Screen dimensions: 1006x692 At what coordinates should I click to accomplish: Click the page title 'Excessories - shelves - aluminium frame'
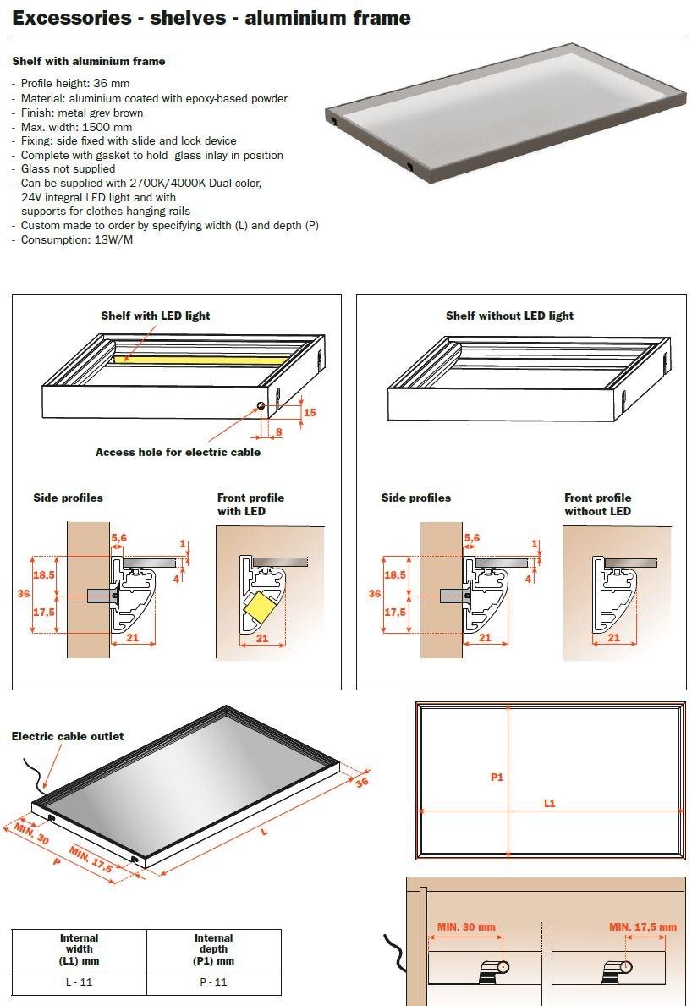[211, 18]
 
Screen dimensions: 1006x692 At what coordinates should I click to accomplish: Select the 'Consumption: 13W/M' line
[76, 239]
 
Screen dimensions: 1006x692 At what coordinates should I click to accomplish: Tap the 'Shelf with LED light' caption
[156, 316]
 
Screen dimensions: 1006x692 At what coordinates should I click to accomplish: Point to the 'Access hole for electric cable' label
[178, 452]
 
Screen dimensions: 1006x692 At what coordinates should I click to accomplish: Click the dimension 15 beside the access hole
[310, 412]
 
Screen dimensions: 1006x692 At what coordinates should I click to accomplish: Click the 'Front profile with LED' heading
[250, 504]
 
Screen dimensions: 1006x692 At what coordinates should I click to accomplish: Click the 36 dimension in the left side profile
[24, 594]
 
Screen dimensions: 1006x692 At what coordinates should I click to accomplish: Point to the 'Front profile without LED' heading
[597, 504]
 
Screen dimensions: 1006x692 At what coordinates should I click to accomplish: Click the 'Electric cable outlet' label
[68, 736]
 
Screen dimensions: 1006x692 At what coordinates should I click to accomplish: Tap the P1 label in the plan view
[497, 776]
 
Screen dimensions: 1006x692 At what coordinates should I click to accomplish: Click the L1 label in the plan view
[549, 802]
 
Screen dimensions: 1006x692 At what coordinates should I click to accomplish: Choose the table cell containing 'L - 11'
[79, 981]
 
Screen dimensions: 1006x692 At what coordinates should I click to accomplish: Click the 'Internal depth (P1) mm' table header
[213, 949]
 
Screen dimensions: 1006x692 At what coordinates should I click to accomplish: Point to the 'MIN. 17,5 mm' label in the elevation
[643, 926]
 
